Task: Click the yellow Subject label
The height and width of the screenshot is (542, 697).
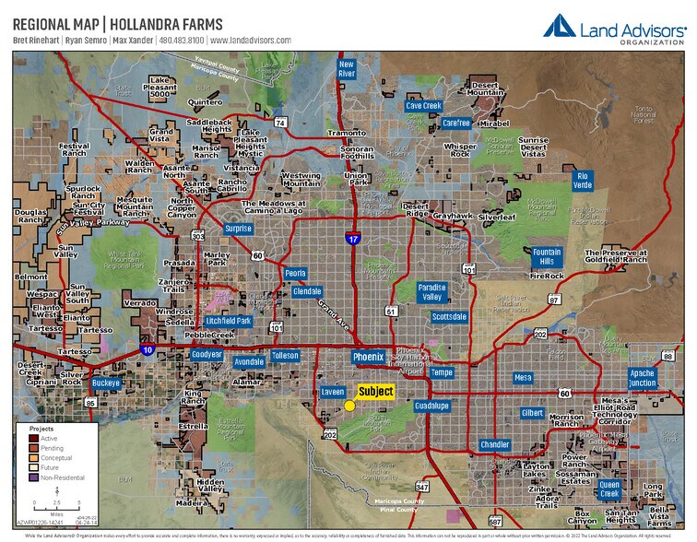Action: pos(375,392)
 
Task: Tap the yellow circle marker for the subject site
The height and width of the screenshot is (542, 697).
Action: pos(349,406)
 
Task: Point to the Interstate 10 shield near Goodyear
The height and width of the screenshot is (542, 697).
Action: pos(148,350)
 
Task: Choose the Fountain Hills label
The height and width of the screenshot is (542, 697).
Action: pos(547,256)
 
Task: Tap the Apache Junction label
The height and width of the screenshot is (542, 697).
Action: pos(642,378)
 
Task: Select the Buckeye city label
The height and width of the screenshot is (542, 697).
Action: pos(106,383)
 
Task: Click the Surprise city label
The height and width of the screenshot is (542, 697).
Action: pos(238,229)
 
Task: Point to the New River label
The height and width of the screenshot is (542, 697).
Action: pos(347,70)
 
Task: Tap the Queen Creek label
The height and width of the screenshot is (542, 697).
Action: pos(609,489)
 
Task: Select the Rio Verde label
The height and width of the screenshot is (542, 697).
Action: pos(582,180)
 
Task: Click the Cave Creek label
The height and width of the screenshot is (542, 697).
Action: pos(424,106)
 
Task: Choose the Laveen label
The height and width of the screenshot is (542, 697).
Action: pos(333,392)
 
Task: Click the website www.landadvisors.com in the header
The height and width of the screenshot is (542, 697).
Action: pos(250,41)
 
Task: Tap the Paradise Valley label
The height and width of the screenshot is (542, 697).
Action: pos(431,292)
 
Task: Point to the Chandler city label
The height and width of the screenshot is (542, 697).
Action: pos(494,444)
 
